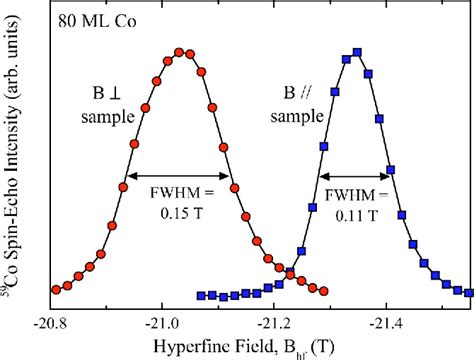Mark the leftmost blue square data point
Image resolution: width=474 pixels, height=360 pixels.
[x=201, y=296]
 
